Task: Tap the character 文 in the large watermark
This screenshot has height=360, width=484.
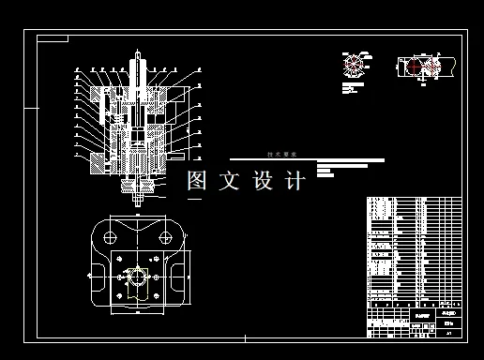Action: (x=230, y=181)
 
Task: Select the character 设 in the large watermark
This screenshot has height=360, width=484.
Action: (x=263, y=181)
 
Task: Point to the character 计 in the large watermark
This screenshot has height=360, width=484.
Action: (x=295, y=181)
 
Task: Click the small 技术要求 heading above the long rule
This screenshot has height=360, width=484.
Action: (x=281, y=154)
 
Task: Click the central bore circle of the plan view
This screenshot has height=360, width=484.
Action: (x=139, y=277)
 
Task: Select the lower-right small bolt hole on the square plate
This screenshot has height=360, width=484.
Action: (x=159, y=298)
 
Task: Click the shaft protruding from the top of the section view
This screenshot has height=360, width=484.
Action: (x=139, y=66)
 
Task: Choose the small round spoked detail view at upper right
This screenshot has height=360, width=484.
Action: (x=354, y=65)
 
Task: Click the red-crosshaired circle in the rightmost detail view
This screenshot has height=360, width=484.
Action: (x=414, y=67)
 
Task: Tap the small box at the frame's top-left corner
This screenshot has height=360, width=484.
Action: (x=53, y=38)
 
